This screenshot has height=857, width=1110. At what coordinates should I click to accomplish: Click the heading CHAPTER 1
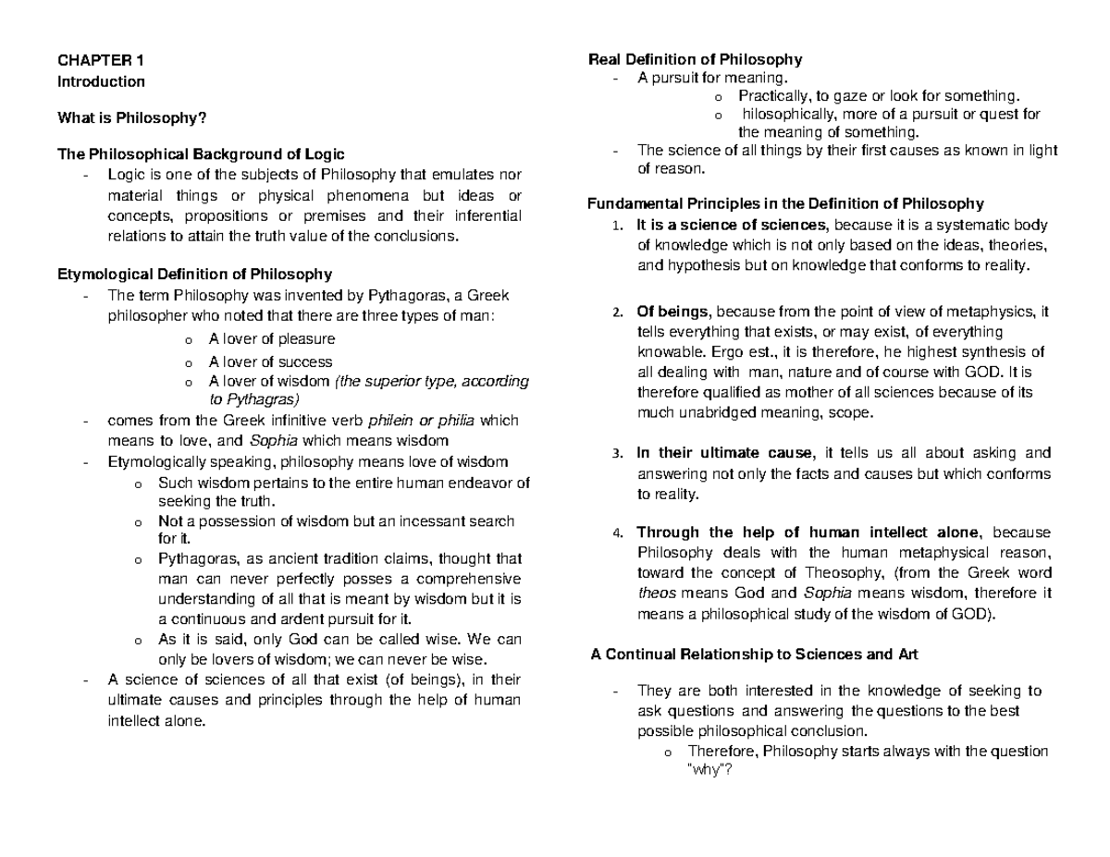tap(101, 61)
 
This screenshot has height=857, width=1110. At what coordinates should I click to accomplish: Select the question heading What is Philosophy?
tap(132, 117)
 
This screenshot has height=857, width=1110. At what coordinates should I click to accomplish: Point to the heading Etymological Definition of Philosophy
tap(194, 274)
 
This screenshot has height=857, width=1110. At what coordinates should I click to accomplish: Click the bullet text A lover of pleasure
tap(271, 339)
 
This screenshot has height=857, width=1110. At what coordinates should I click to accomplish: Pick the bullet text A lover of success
tap(270, 361)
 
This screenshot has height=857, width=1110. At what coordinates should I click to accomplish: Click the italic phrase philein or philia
tap(421, 421)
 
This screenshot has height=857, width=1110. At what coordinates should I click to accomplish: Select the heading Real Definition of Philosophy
tap(696, 60)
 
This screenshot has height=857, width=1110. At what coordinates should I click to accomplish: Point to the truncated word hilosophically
tap(786, 115)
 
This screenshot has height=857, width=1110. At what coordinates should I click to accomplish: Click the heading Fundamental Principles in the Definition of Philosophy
tap(786, 203)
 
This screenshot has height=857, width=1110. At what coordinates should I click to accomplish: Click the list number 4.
tap(617, 533)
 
